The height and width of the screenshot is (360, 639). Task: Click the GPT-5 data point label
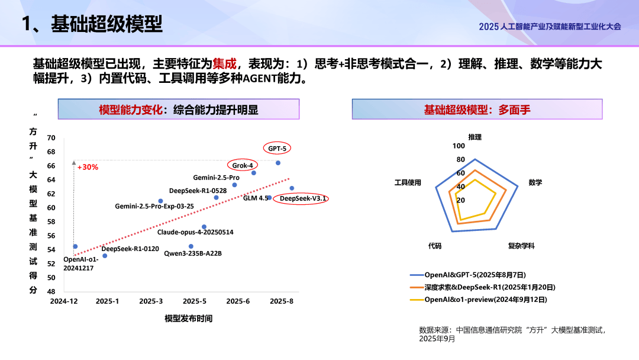pos(277,149)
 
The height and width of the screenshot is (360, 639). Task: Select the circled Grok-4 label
pos(243,165)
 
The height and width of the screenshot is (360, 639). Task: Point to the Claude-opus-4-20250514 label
pos(195,232)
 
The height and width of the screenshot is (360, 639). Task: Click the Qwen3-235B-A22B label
pos(193,253)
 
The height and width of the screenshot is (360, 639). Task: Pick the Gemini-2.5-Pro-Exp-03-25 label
pos(154,206)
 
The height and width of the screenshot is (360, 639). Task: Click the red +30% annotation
pos(88,167)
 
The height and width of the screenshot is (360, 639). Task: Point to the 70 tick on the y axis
pos(51,138)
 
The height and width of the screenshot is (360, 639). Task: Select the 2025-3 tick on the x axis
pos(151,301)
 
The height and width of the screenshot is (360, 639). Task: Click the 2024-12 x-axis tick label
pos(63,301)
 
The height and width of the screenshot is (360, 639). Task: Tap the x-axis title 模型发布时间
pos(188,319)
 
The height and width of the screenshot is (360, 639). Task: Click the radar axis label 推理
pos(475,137)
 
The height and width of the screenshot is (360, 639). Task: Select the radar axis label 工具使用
pos(408,182)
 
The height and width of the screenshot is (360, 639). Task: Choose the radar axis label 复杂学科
pos(521,246)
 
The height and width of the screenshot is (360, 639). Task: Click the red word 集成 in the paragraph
pos(224,64)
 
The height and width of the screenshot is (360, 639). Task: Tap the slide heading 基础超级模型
pos(106,24)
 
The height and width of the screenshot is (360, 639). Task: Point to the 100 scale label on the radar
pos(459,146)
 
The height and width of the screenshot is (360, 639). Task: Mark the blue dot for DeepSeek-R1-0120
pos(105,256)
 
